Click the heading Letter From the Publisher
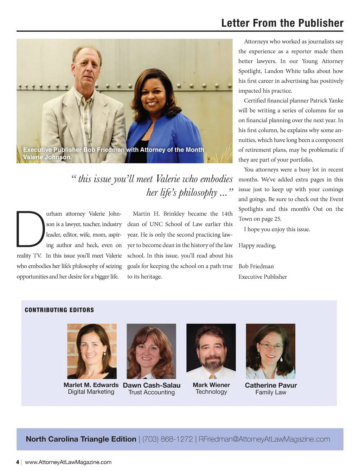click(282, 23)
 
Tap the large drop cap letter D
click(31, 229)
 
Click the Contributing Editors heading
click(59, 310)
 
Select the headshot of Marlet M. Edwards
click(92, 351)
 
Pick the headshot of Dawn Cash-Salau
click(151, 351)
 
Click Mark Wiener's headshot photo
click(211, 351)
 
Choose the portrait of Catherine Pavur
click(270, 351)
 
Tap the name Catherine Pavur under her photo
click(271, 385)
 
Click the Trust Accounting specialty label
click(152, 392)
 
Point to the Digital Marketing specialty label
click(91, 392)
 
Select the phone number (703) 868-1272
click(167, 439)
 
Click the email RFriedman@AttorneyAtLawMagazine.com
click(264, 439)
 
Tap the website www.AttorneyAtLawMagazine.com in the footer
click(68, 462)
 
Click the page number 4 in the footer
click(18, 462)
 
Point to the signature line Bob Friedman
click(256, 266)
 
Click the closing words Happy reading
click(257, 245)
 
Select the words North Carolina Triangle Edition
click(81, 439)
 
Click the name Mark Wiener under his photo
click(211, 385)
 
